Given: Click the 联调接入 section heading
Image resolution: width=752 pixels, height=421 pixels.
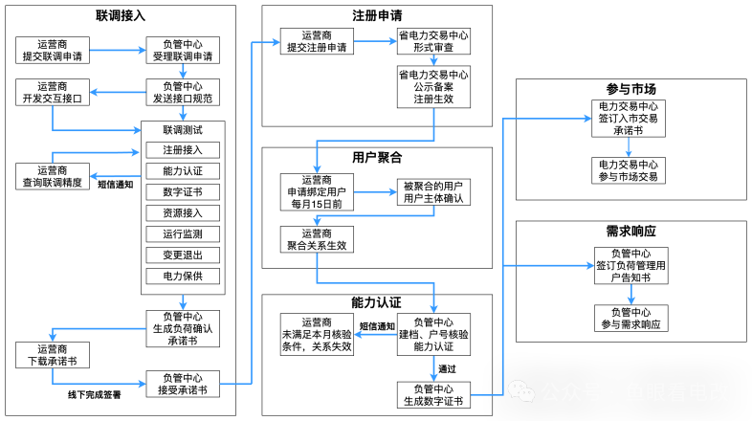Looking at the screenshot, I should point(122,17).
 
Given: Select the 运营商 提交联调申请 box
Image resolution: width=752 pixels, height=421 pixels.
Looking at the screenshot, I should point(52,50).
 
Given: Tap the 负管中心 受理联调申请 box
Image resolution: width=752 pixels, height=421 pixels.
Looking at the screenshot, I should point(183,50).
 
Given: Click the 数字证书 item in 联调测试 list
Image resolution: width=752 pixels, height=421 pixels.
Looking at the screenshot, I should point(183,191).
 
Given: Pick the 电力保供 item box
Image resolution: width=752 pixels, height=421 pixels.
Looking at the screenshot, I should point(183,276).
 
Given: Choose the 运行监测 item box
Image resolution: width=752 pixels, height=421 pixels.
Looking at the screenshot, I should point(183,233).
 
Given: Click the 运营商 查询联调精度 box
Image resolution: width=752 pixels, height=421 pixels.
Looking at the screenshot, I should point(52,175).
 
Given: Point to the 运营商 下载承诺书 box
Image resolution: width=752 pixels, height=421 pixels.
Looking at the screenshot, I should point(52,355).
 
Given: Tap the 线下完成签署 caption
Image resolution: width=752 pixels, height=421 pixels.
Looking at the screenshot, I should point(94,394).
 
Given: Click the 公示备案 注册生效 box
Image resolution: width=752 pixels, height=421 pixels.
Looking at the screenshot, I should point(433,86).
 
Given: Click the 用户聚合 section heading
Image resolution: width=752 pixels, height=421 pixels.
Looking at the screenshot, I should point(376,157).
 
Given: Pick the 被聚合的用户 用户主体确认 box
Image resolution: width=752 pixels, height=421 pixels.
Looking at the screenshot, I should point(433,191).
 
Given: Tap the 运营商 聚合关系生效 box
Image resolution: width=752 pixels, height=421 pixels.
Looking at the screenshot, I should point(317,239).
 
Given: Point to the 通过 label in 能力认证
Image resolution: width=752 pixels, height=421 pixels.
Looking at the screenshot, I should point(447,368).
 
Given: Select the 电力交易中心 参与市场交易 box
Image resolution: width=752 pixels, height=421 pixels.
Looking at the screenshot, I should point(628,171).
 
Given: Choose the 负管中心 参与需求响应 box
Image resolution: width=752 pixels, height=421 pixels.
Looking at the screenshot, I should point(628,318).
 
